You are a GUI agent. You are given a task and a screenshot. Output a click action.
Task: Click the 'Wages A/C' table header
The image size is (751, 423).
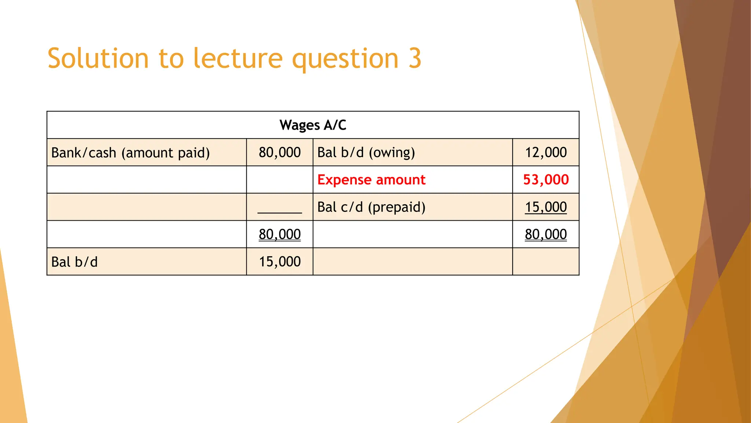[313, 125]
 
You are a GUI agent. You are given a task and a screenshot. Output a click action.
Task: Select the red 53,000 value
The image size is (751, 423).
[546, 180]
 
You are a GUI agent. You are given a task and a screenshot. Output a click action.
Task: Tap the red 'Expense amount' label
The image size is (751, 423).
[371, 180]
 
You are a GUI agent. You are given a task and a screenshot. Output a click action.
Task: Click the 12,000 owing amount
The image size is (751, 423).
[546, 152]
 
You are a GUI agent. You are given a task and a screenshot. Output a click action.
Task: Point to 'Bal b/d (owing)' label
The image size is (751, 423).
[366, 152]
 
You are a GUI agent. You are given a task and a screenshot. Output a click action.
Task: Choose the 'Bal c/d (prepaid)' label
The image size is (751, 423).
[371, 207]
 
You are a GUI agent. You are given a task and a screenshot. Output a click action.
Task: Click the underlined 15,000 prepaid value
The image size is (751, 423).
[546, 207]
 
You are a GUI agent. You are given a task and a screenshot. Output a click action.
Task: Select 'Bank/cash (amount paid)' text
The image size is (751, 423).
[131, 152]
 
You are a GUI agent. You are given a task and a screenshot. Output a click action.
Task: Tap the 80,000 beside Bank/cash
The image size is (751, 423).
[279, 152]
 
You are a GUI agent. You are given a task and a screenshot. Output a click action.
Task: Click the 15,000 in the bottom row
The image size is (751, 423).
[279, 262]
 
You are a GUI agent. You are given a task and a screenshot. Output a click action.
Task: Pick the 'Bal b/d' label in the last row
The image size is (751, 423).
[74, 262]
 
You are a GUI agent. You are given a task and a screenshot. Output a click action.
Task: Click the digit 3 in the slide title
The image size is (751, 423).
[415, 58]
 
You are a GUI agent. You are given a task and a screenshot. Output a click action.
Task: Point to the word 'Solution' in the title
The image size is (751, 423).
[98, 58]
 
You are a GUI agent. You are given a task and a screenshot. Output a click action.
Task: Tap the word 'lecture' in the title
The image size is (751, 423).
[238, 58]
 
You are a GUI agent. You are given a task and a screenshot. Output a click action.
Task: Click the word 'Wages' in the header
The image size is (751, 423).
[300, 125]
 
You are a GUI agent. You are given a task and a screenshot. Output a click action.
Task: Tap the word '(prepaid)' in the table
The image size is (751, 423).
[396, 207]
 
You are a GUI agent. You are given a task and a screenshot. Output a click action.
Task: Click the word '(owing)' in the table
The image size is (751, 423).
[392, 152]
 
